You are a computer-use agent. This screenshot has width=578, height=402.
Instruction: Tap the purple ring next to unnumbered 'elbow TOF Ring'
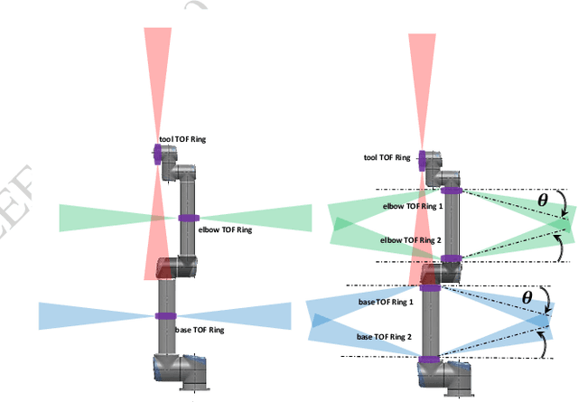[188, 218]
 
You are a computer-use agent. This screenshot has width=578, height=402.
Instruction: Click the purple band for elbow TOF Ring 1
[451, 190]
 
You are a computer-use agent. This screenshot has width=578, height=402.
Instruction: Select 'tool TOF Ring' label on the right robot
[387, 157]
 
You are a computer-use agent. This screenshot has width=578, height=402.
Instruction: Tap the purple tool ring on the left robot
[155, 154]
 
